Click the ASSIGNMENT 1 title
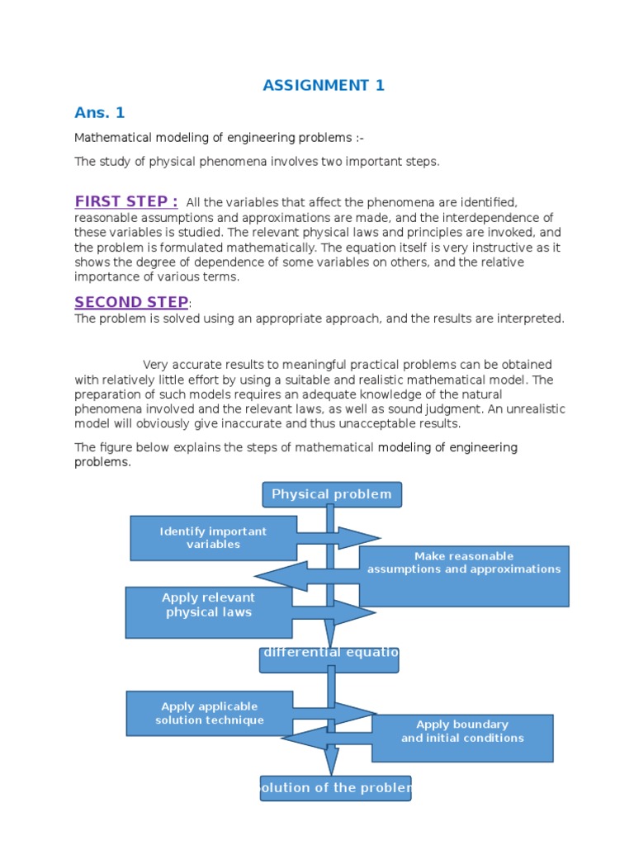click(324, 85)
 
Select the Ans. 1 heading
click(99, 113)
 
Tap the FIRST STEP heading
click(126, 202)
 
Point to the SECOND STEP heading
click(131, 302)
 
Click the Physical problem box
click(332, 494)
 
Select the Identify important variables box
click(213, 538)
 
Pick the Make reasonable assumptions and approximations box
click(464, 575)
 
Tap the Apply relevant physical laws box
click(208, 611)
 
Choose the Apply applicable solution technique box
click(209, 713)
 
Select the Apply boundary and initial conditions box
click(462, 738)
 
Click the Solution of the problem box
click(335, 788)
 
